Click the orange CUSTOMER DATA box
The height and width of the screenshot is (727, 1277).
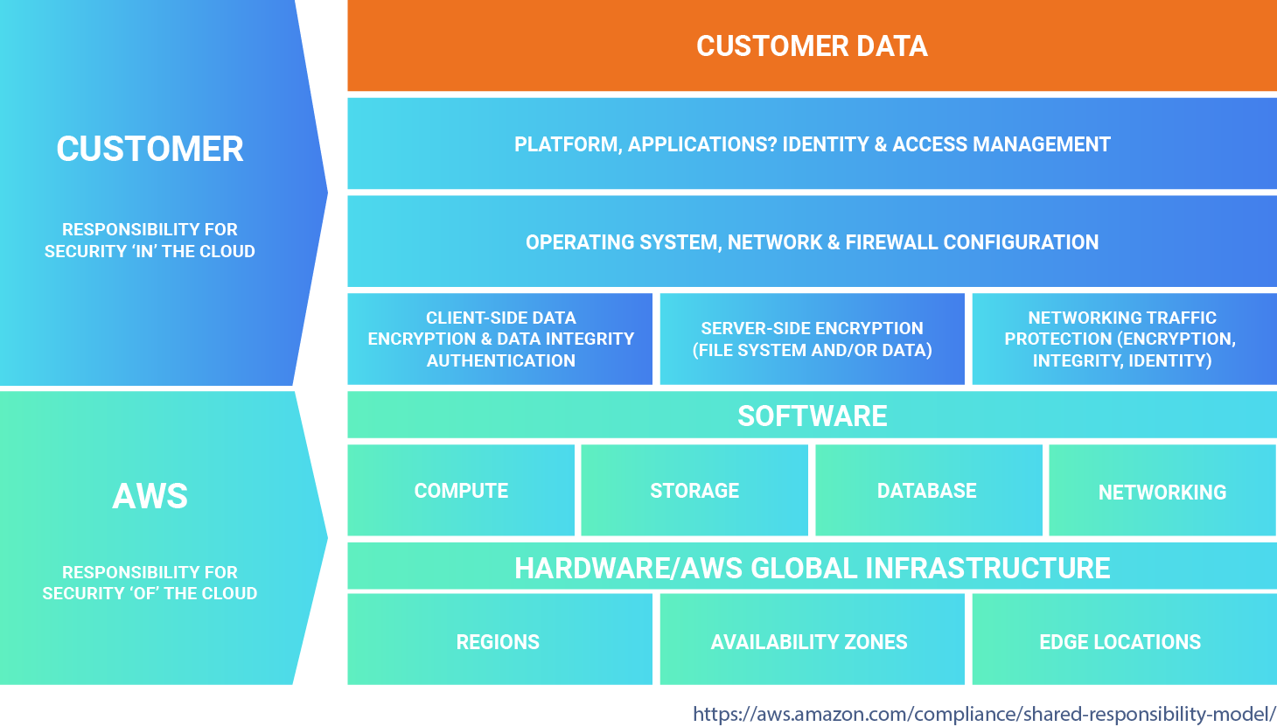[x=812, y=46]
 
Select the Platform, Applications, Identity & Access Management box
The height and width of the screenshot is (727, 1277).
[x=812, y=144]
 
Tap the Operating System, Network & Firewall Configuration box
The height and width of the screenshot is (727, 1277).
[x=812, y=242]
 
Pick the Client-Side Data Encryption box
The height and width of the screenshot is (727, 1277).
[x=500, y=339]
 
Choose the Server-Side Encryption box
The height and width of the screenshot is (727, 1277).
[x=812, y=339]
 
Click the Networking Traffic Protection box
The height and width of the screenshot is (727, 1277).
[x=1123, y=339]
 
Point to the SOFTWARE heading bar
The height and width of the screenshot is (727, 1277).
[x=812, y=416]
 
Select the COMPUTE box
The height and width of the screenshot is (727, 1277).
[x=461, y=491]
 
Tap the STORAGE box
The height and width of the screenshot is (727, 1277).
[x=694, y=491]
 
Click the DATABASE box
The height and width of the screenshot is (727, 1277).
[x=927, y=491]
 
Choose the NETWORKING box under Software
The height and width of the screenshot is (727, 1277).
[x=1162, y=492]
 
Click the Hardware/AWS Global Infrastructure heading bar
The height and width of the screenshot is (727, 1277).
[x=812, y=568]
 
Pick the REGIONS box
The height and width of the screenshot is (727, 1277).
[x=499, y=641]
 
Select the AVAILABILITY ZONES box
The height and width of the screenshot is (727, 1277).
[x=810, y=641]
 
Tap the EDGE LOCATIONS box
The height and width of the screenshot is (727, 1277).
[x=1120, y=641]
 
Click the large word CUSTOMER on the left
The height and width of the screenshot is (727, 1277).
[x=150, y=149]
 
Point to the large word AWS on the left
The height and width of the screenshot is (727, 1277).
[x=150, y=496]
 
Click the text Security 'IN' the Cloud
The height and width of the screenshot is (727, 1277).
[x=150, y=251]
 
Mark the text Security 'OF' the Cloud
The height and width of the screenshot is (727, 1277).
[x=150, y=593]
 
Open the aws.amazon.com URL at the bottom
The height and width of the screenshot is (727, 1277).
[x=984, y=713]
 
